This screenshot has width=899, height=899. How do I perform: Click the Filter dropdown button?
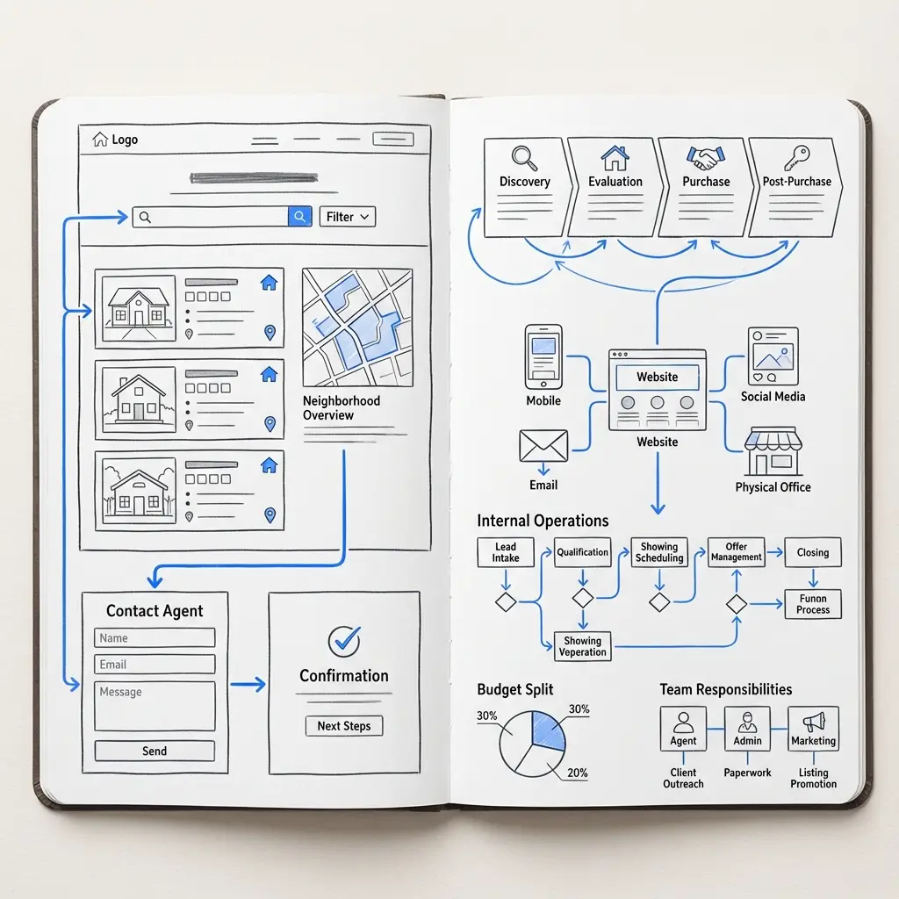click(348, 217)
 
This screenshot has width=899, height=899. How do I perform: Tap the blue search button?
click(300, 217)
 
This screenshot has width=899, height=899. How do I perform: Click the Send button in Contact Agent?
click(155, 752)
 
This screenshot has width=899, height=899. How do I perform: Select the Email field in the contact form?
click(155, 665)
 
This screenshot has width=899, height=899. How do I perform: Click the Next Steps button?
click(344, 726)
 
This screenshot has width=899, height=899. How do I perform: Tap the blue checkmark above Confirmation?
click(344, 641)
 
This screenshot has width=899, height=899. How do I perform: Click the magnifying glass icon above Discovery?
click(525, 158)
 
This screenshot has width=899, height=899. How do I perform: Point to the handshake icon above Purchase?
click(706, 158)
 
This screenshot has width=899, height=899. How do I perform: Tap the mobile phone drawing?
click(543, 357)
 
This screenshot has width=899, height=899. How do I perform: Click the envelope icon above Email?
click(543, 446)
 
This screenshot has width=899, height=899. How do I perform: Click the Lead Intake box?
click(506, 552)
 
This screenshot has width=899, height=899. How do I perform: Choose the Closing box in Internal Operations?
click(813, 552)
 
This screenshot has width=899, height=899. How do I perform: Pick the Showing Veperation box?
click(583, 646)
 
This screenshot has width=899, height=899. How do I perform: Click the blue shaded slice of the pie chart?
click(548, 730)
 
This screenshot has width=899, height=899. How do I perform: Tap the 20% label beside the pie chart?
click(578, 773)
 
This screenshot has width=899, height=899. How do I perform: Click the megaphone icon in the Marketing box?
click(814, 722)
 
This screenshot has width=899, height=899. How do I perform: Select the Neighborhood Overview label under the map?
click(342, 407)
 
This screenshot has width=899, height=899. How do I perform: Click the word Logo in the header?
click(125, 140)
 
